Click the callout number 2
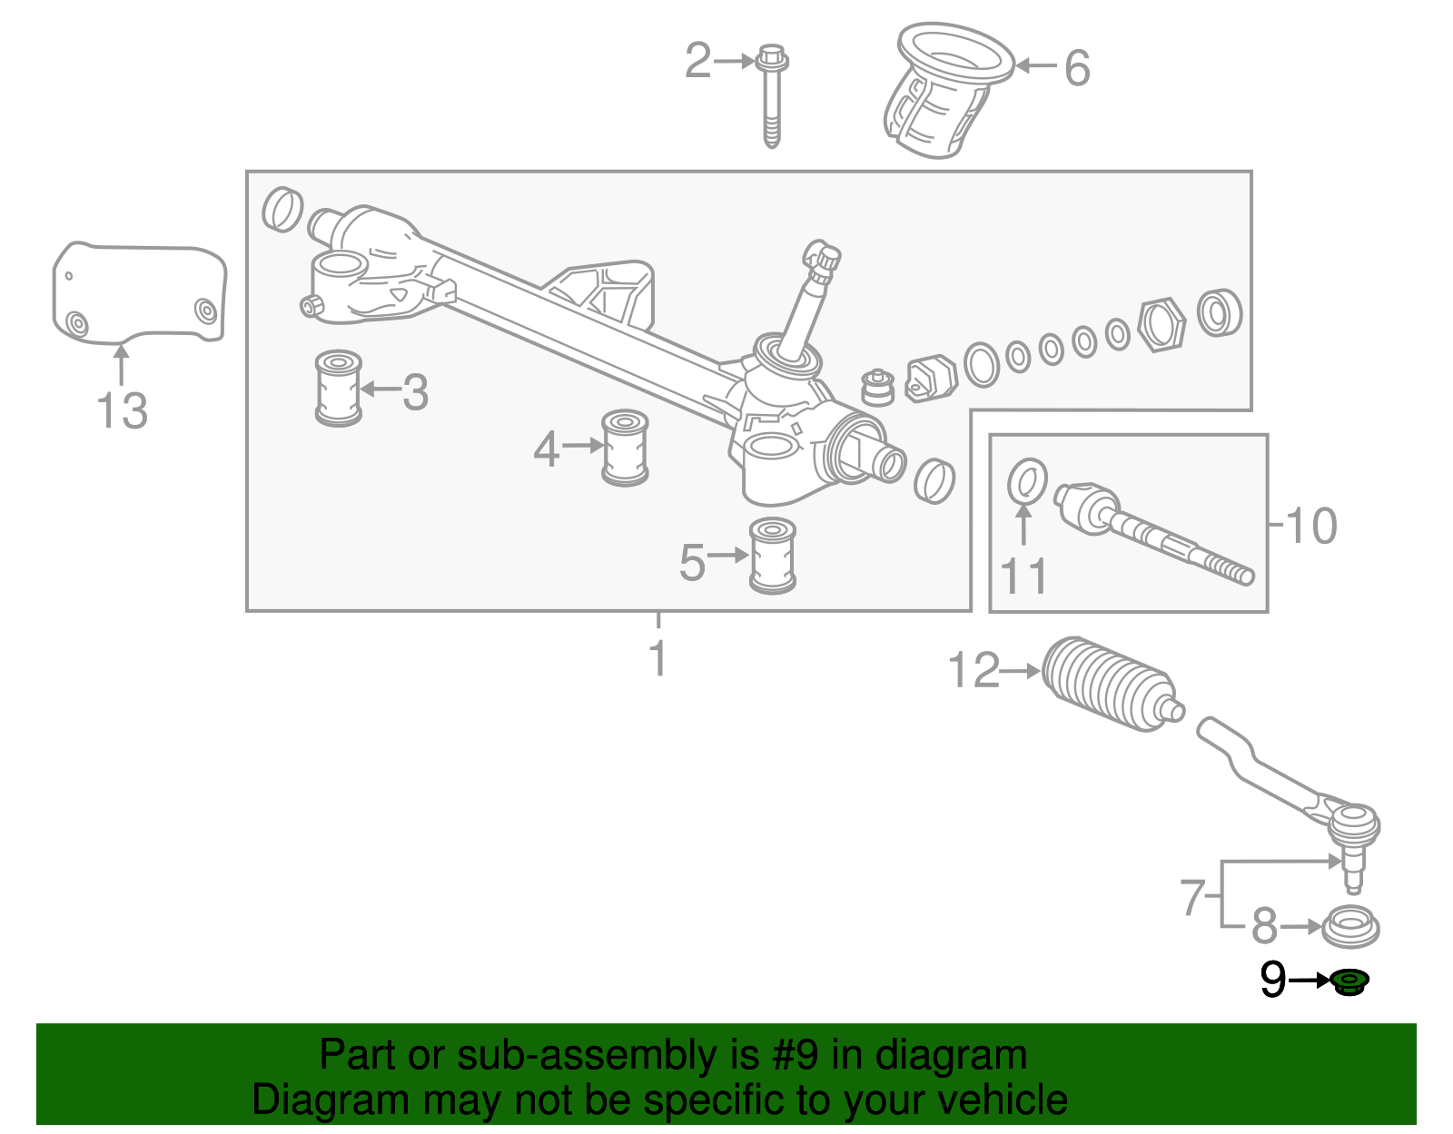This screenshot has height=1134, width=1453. click(697, 62)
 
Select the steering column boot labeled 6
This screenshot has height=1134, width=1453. click(944, 91)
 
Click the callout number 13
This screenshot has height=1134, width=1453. click(122, 410)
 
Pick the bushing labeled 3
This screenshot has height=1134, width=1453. click(339, 388)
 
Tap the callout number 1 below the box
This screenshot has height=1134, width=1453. click(658, 659)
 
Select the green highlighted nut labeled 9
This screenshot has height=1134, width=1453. click(1350, 981)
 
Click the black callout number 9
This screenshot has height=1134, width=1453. click(1273, 981)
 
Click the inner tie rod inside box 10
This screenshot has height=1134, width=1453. click(1153, 536)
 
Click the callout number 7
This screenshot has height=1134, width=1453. click(1193, 898)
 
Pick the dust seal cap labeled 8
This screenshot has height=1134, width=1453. click(1351, 926)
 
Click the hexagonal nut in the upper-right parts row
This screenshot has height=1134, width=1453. click(1161, 324)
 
